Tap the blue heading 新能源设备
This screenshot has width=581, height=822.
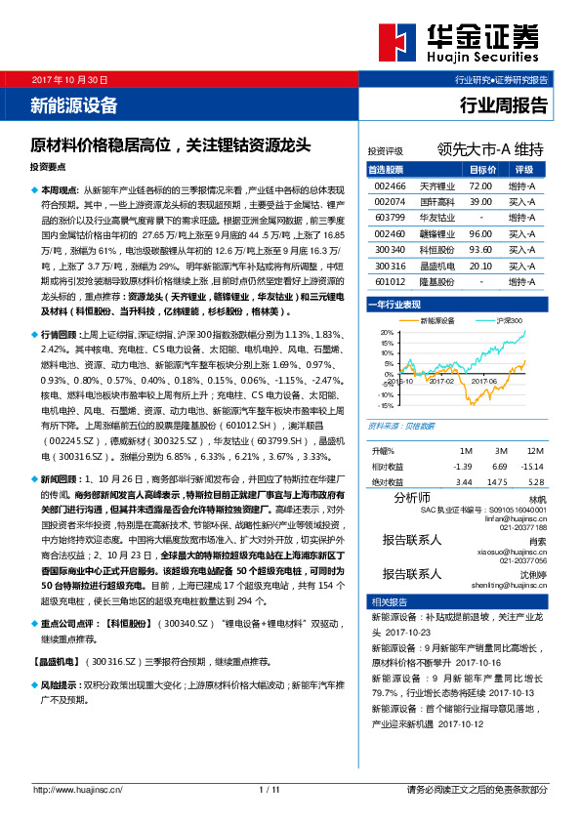(x=74, y=103)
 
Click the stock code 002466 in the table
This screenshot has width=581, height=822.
(x=390, y=185)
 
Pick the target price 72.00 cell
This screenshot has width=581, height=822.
(x=479, y=185)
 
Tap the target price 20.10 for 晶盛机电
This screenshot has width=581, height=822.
(x=479, y=266)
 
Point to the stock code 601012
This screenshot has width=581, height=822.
(x=390, y=282)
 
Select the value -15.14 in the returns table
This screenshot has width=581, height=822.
(x=532, y=467)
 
